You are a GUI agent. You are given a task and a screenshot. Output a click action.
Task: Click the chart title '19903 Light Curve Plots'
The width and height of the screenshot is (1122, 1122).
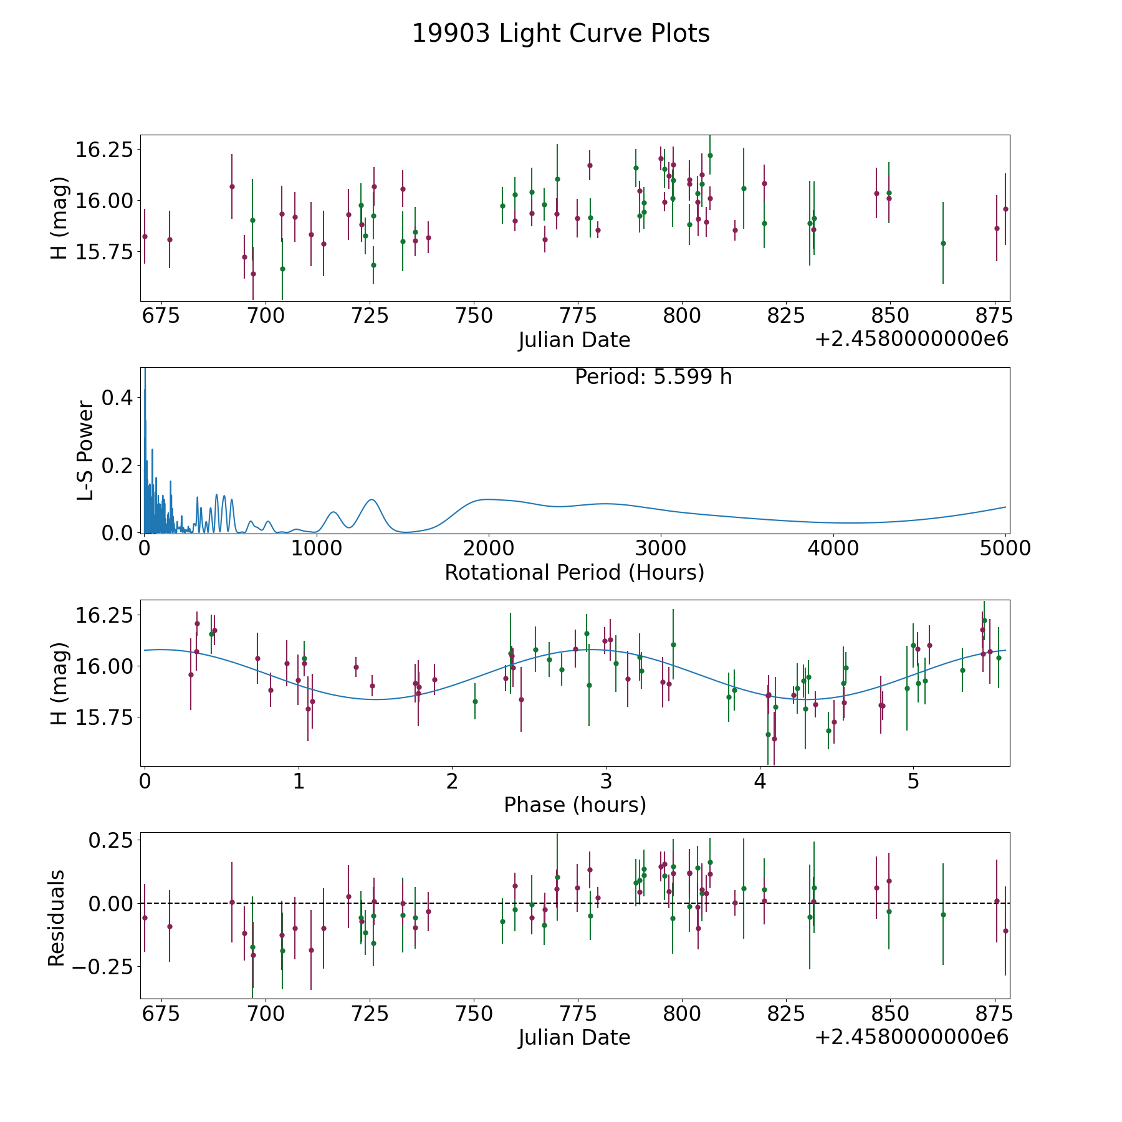tap(561, 34)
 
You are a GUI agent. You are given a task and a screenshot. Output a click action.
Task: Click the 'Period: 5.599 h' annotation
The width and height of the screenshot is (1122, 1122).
tap(653, 377)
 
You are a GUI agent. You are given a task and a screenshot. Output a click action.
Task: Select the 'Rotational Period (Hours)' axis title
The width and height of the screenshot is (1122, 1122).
tap(574, 572)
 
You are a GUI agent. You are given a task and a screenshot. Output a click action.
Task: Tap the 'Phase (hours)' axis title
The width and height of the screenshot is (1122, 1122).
tap(575, 805)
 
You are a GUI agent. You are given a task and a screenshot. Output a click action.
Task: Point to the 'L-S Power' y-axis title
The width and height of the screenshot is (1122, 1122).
tap(85, 451)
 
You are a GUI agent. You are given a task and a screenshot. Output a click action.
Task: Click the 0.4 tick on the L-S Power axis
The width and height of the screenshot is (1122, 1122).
tap(117, 397)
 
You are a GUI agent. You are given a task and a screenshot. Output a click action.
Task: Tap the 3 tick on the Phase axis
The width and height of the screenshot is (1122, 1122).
tap(605, 782)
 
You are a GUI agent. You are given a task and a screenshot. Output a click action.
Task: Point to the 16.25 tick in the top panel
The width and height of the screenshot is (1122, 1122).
tap(104, 150)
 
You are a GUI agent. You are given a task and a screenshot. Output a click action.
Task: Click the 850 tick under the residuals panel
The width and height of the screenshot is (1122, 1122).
tap(889, 1014)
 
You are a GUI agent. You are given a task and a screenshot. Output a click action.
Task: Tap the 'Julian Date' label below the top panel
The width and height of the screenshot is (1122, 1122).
tap(574, 340)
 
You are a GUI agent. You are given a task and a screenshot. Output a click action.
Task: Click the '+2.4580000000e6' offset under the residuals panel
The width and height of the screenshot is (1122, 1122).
tap(911, 1037)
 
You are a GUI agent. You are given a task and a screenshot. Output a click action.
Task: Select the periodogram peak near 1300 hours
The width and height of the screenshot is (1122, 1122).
tap(372, 499)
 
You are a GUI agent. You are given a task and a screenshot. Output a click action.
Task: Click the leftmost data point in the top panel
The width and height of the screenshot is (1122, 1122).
tap(145, 236)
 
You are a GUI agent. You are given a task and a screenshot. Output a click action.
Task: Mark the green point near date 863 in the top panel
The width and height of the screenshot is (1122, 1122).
tap(943, 243)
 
